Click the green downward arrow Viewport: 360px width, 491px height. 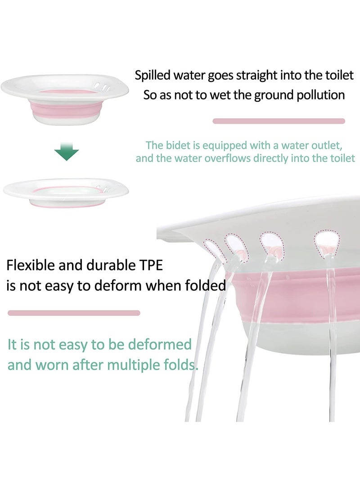pyautogui.click(x=66, y=152)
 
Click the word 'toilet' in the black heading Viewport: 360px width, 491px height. pyautogui.click(x=340, y=75)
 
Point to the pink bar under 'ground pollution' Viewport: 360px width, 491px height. pyautogui.click(x=279, y=121)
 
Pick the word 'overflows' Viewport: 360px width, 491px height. pyautogui.click(x=229, y=158)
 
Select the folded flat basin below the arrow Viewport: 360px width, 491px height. pyautogui.click(x=66, y=192)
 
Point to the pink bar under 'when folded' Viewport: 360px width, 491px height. pyautogui.click(x=74, y=313)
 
